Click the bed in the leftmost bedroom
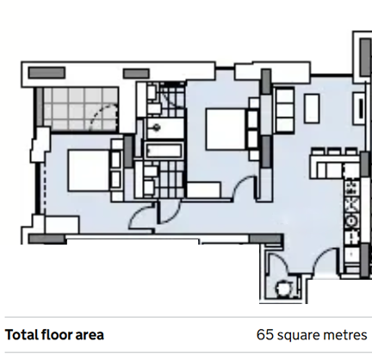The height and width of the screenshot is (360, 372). (89, 171)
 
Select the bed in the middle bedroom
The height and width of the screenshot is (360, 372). (226, 129)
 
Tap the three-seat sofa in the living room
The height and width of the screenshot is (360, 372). (285, 110)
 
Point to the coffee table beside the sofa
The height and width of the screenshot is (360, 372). (312, 109)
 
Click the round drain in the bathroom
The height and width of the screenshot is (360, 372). (157, 127)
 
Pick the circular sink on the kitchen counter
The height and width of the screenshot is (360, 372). (351, 221)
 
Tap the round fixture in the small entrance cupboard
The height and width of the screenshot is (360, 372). (282, 289)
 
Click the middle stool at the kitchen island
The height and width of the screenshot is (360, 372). (334, 152)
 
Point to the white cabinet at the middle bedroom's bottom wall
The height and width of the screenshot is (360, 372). (204, 189)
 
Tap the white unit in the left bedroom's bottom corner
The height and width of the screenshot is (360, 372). (62, 225)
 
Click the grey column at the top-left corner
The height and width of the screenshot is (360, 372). (46, 72)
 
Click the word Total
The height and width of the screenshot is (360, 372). (22, 335)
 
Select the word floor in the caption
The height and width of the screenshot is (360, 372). (57, 335)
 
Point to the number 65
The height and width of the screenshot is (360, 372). (265, 335)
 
